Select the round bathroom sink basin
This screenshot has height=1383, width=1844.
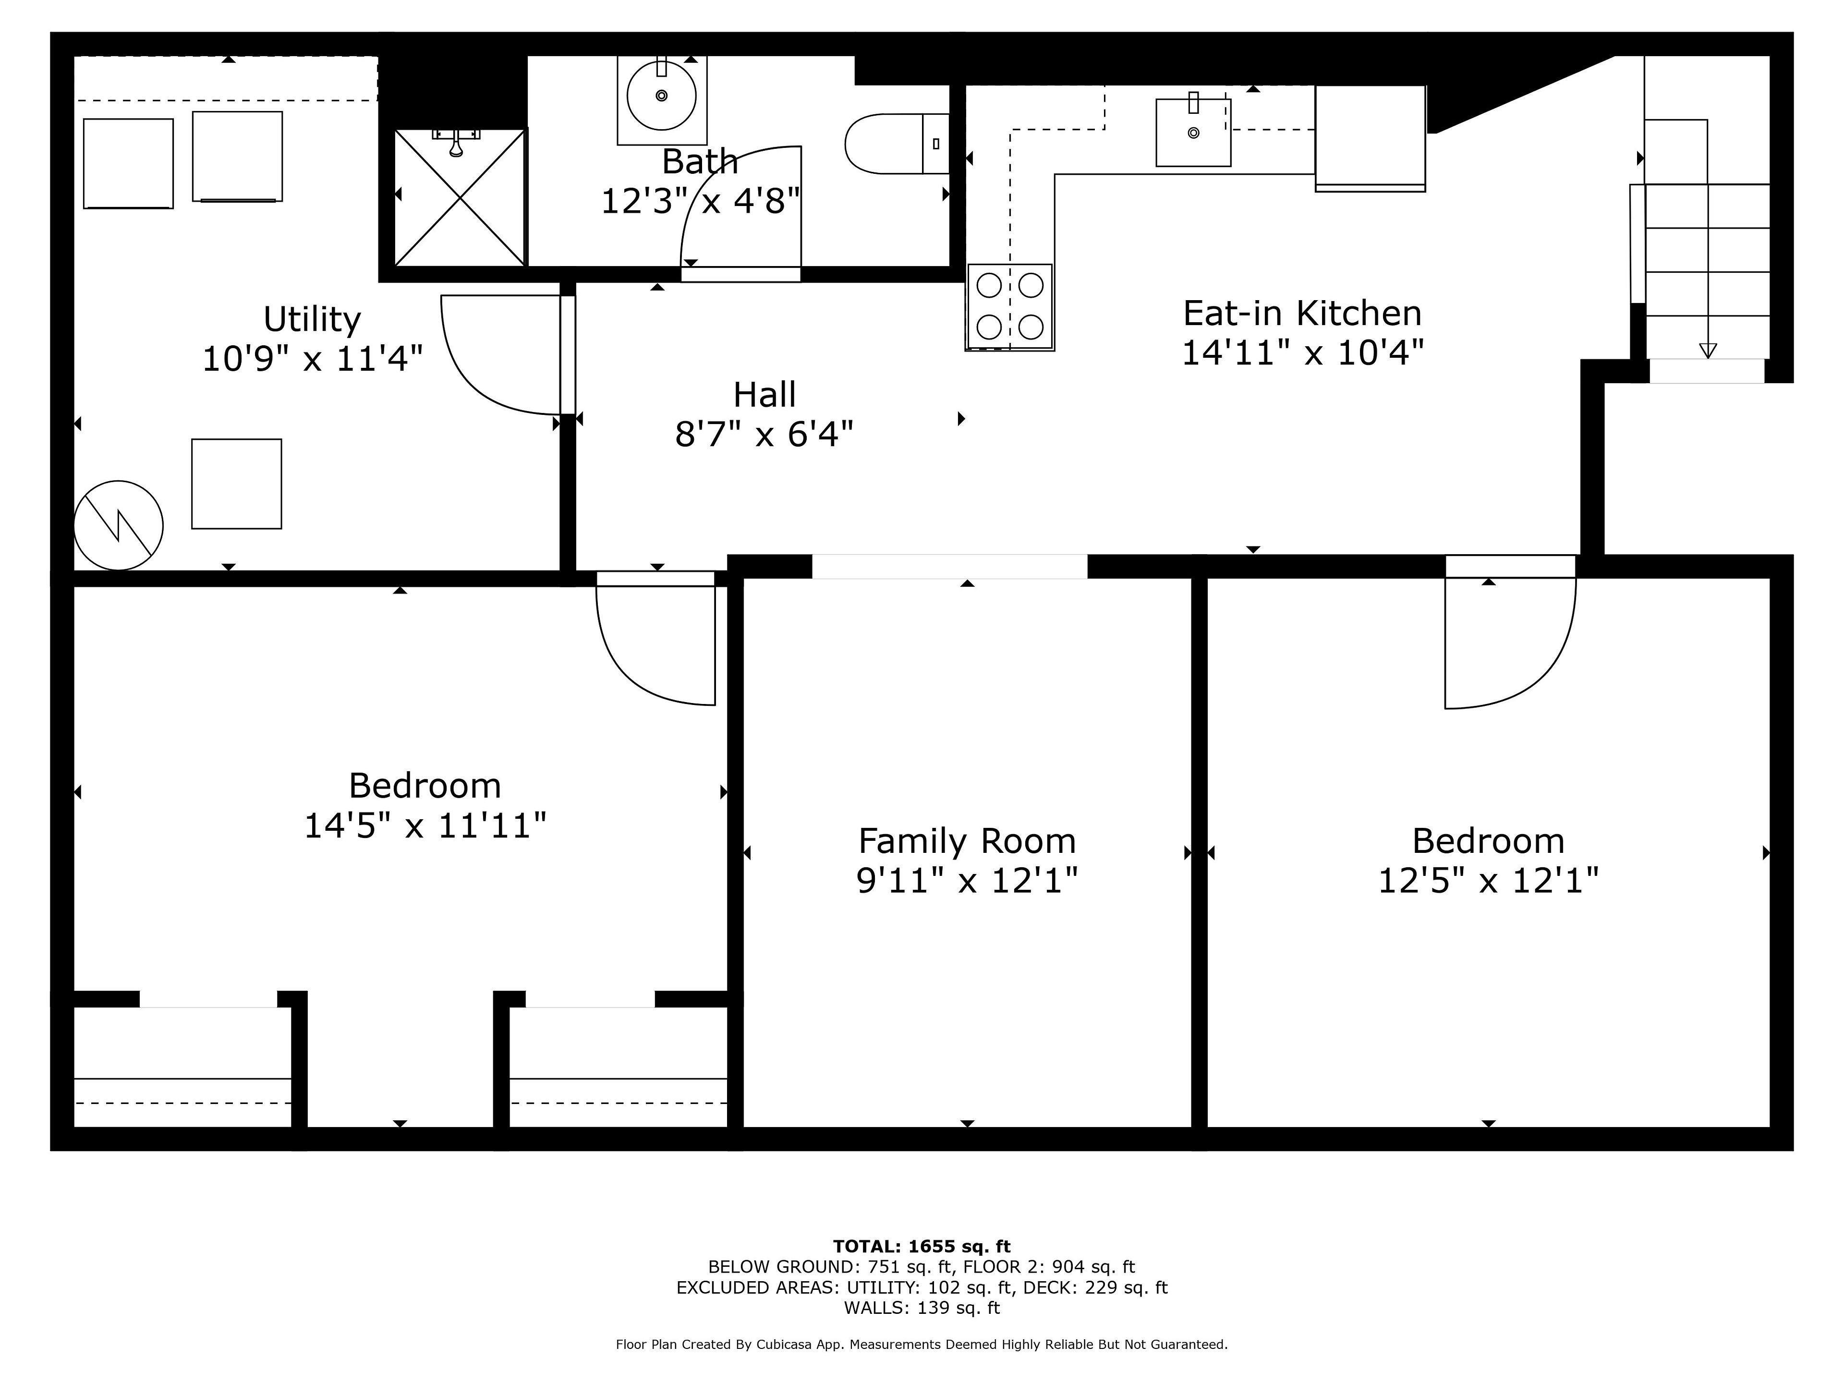[x=661, y=95]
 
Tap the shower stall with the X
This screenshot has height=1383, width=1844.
[x=460, y=197]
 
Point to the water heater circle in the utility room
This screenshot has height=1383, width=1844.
[x=119, y=525]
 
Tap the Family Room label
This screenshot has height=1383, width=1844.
[x=967, y=841]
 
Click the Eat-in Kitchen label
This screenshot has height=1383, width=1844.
[x=1302, y=314]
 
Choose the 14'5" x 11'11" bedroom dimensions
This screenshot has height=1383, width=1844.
[x=425, y=826]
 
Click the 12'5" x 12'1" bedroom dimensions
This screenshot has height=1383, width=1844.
[x=1488, y=880]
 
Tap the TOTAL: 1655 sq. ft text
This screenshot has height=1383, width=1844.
[x=922, y=1246]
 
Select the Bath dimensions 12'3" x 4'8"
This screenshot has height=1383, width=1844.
[x=700, y=201]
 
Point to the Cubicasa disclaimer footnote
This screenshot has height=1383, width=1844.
[x=922, y=1345]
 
